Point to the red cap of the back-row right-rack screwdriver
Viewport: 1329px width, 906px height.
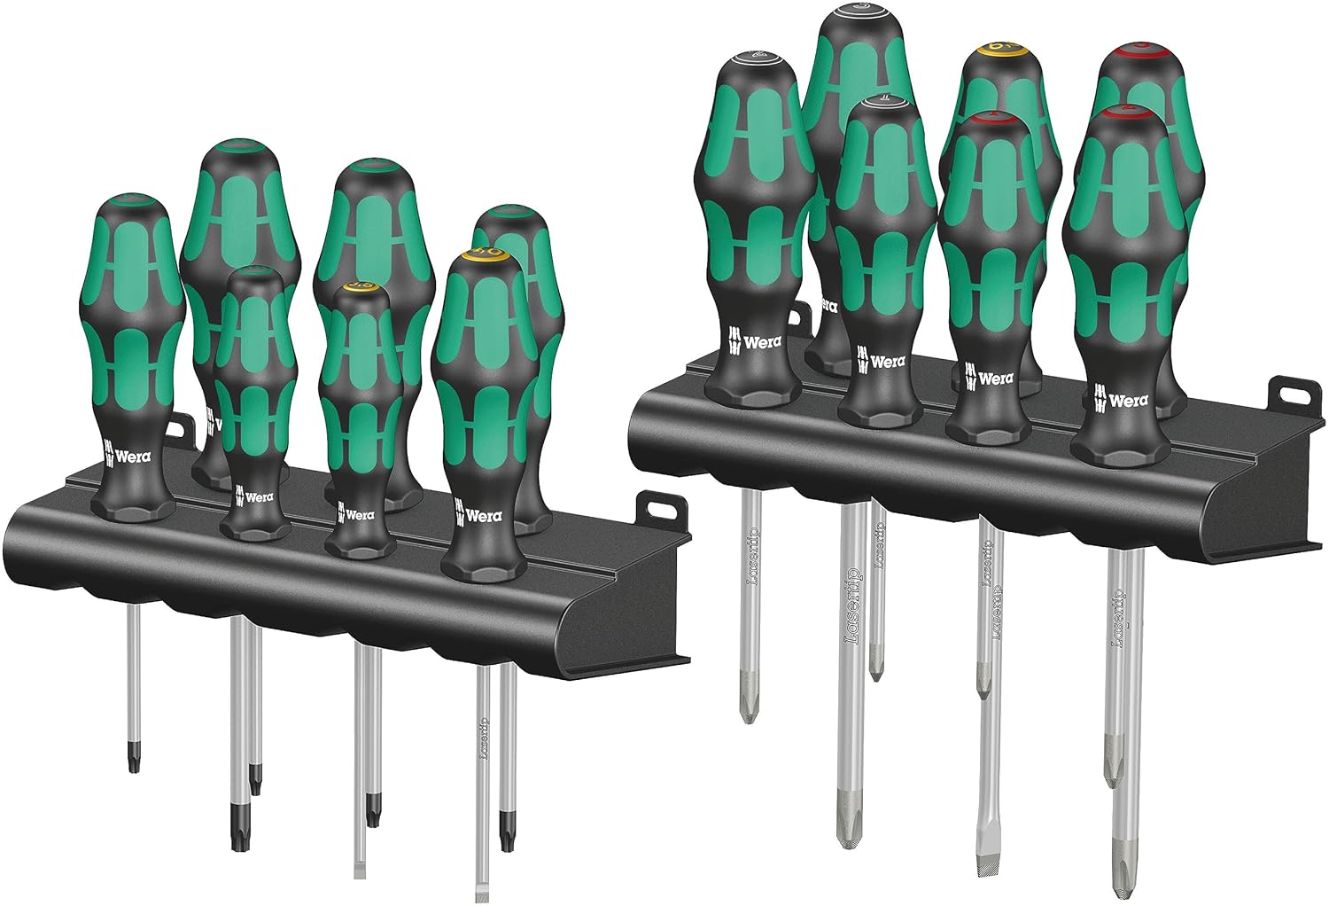tap(1143, 46)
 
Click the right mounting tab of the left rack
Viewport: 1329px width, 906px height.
tap(657, 509)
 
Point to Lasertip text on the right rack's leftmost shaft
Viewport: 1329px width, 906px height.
tap(752, 557)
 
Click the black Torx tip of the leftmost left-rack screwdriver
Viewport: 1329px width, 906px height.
tap(132, 761)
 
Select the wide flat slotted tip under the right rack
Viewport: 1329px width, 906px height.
tap(983, 855)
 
